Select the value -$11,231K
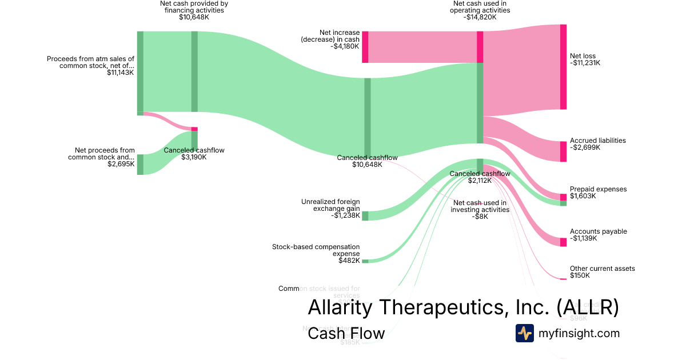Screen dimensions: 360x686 click(585, 63)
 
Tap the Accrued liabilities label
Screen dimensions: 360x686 click(597, 141)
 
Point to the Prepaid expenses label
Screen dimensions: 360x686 click(598, 189)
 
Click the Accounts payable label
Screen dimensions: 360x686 click(598, 231)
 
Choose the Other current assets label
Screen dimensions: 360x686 click(602, 269)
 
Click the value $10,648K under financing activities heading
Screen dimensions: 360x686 click(194, 17)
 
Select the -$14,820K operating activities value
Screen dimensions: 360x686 click(480, 17)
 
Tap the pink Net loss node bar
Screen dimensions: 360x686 click(563, 67)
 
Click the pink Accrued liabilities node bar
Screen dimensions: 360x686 click(563, 151)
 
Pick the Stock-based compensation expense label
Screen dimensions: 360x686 click(316, 250)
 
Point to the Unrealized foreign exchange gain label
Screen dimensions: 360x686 click(330, 205)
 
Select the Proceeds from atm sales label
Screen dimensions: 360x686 click(90, 62)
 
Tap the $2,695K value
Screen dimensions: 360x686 click(121, 164)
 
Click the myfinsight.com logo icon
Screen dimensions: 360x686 click(524, 333)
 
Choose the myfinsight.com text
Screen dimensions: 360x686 click(579, 333)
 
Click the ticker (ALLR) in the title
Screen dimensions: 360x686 click(587, 307)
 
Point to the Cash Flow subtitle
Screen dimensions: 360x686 click(346, 333)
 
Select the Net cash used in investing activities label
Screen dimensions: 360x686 click(480, 206)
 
